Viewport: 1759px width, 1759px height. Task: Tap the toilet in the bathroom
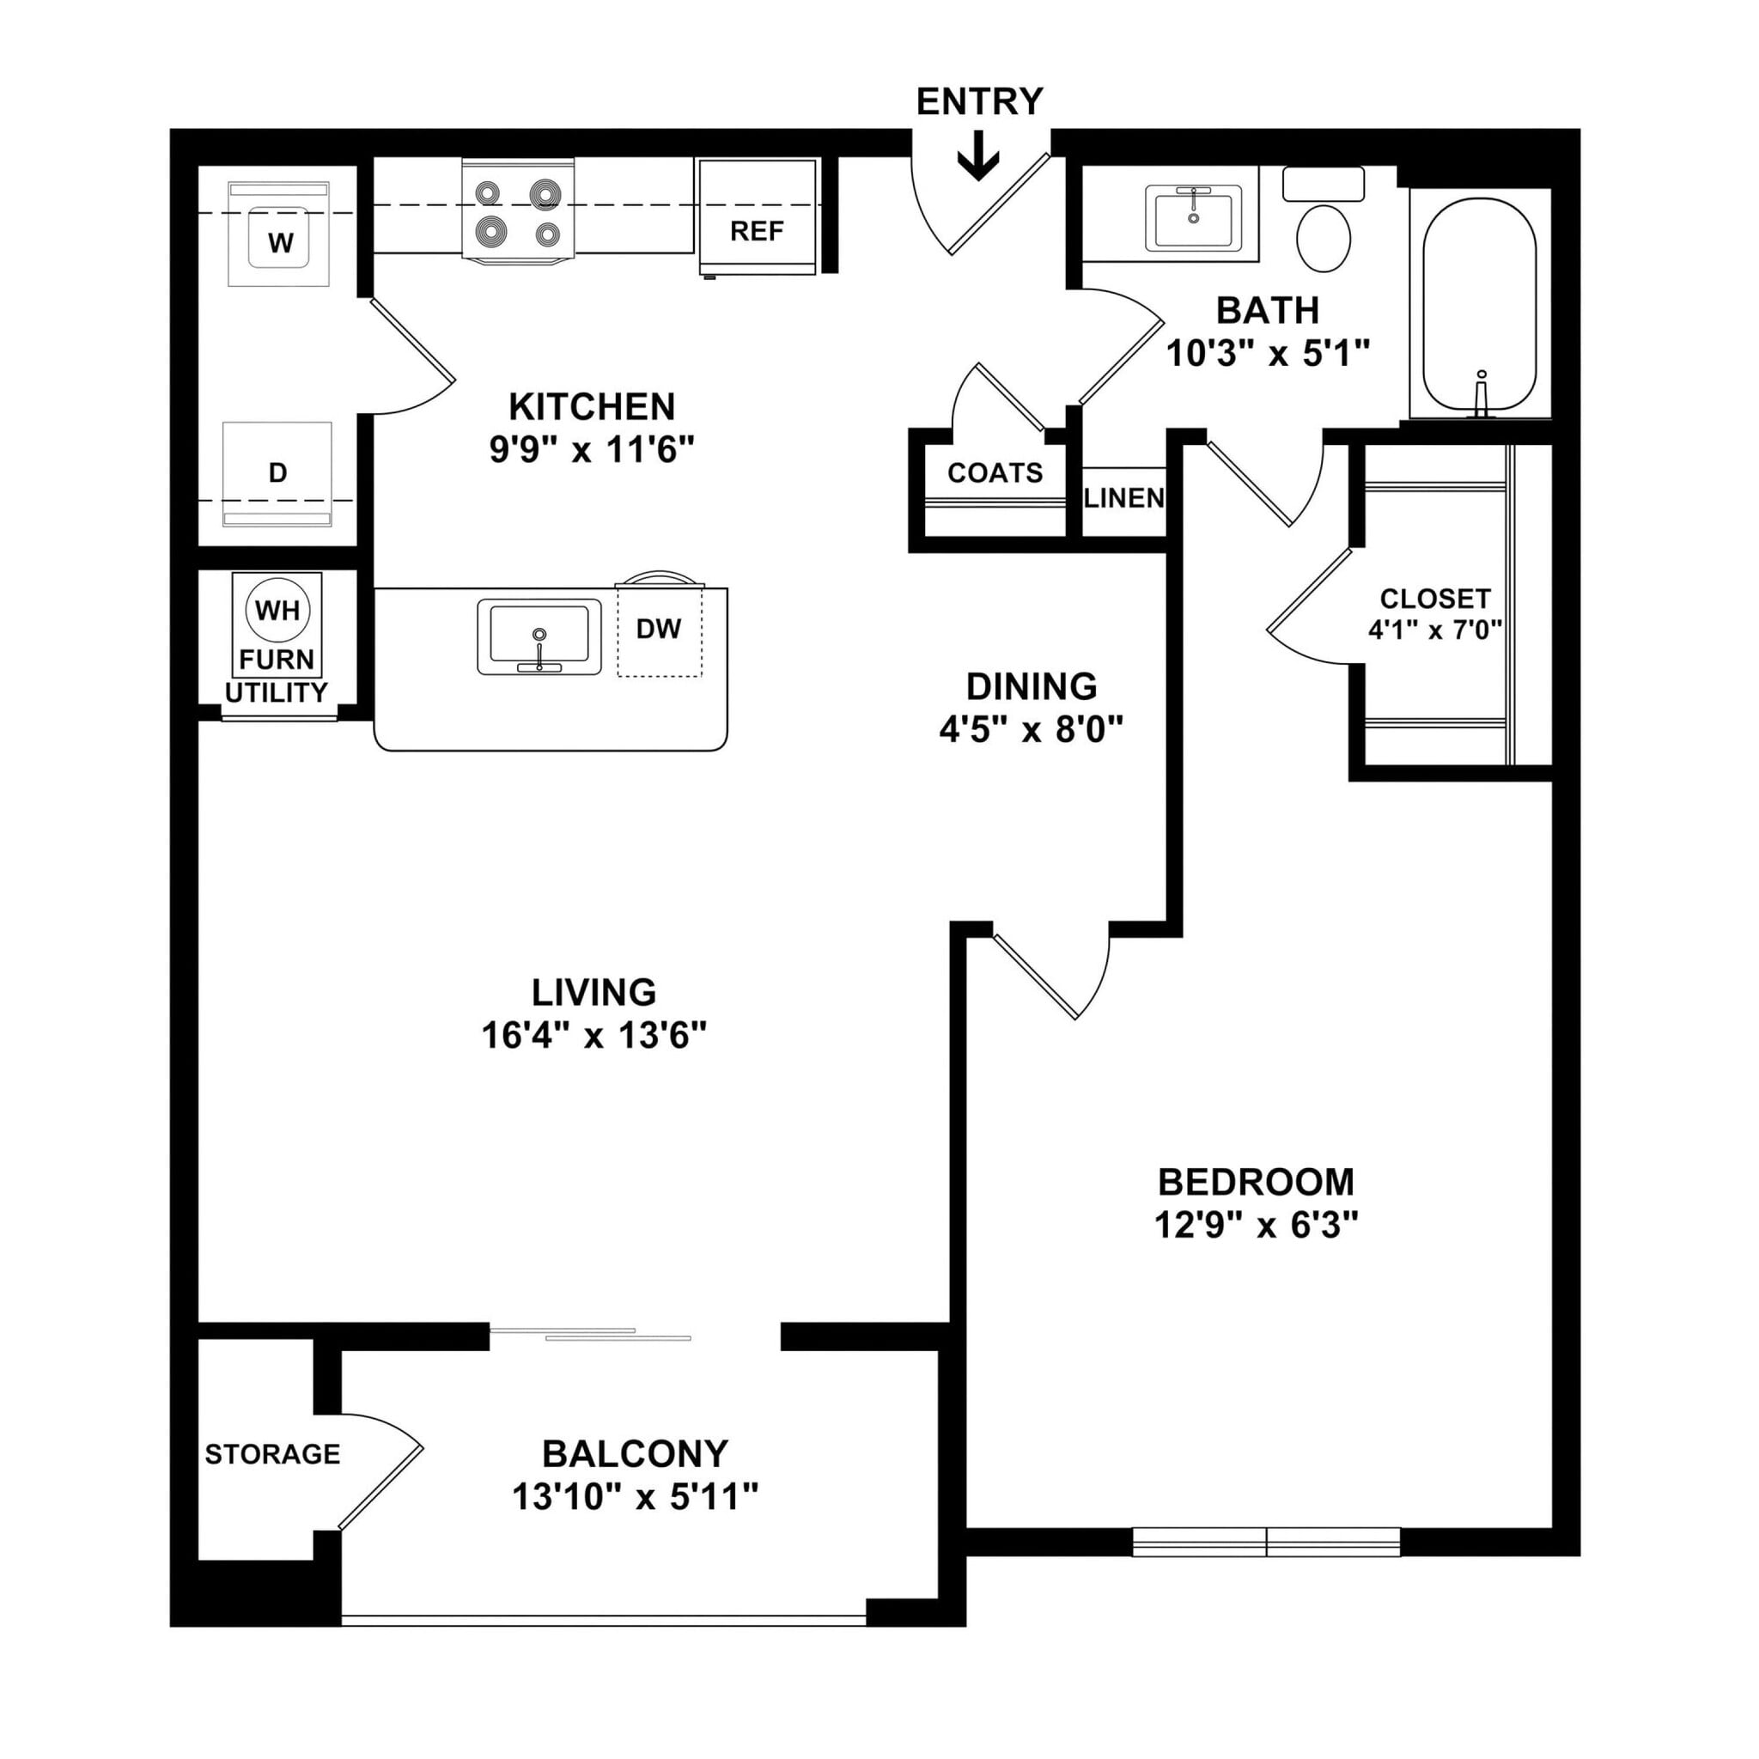[x=1323, y=234]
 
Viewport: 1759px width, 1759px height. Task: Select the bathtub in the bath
[x=1479, y=305]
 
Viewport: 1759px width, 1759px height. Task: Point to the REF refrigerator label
[x=757, y=231]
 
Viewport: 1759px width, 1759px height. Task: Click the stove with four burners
[x=518, y=211]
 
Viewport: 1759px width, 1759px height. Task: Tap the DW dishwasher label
[x=658, y=628]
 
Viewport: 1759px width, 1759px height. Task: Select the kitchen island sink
[x=539, y=636]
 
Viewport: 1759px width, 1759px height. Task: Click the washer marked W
[x=280, y=240]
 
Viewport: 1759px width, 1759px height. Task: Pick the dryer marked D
[x=277, y=472]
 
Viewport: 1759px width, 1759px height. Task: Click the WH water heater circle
[x=277, y=610]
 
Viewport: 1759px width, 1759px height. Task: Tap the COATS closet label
[x=995, y=472]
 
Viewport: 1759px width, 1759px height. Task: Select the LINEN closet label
[x=1124, y=498]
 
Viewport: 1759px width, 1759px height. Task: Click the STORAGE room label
[x=272, y=1454]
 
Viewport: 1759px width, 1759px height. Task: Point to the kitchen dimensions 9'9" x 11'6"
[x=592, y=450]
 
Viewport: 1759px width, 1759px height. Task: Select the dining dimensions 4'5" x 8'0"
[x=1031, y=729]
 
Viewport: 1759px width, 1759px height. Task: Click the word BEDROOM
[x=1256, y=1182]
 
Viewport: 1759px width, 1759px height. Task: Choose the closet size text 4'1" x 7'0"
[x=1435, y=630]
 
